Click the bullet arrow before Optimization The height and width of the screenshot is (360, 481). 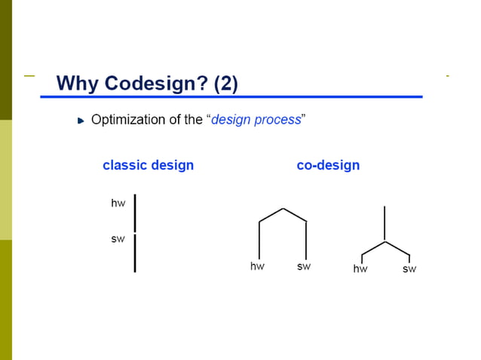pos(81,121)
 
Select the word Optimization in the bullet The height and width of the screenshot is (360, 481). pos(127,120)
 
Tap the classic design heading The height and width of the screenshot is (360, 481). pos(148,165)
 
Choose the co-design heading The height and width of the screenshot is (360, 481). pos(328,165)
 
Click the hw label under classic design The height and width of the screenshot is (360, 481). pos(118,203)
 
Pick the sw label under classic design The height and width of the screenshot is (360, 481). pos(118,239)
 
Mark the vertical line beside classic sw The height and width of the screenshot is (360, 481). pos(135,252)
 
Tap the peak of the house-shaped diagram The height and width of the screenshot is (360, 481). pos(283,209)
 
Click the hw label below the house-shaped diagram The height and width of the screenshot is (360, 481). pos(257,267)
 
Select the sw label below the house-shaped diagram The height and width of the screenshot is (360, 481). pos(304,267)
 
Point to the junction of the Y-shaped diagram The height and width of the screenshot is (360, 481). pos(385,242)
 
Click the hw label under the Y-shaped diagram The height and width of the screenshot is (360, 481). pos(360,269)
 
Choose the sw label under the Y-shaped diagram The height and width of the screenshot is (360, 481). pos(409,269)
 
